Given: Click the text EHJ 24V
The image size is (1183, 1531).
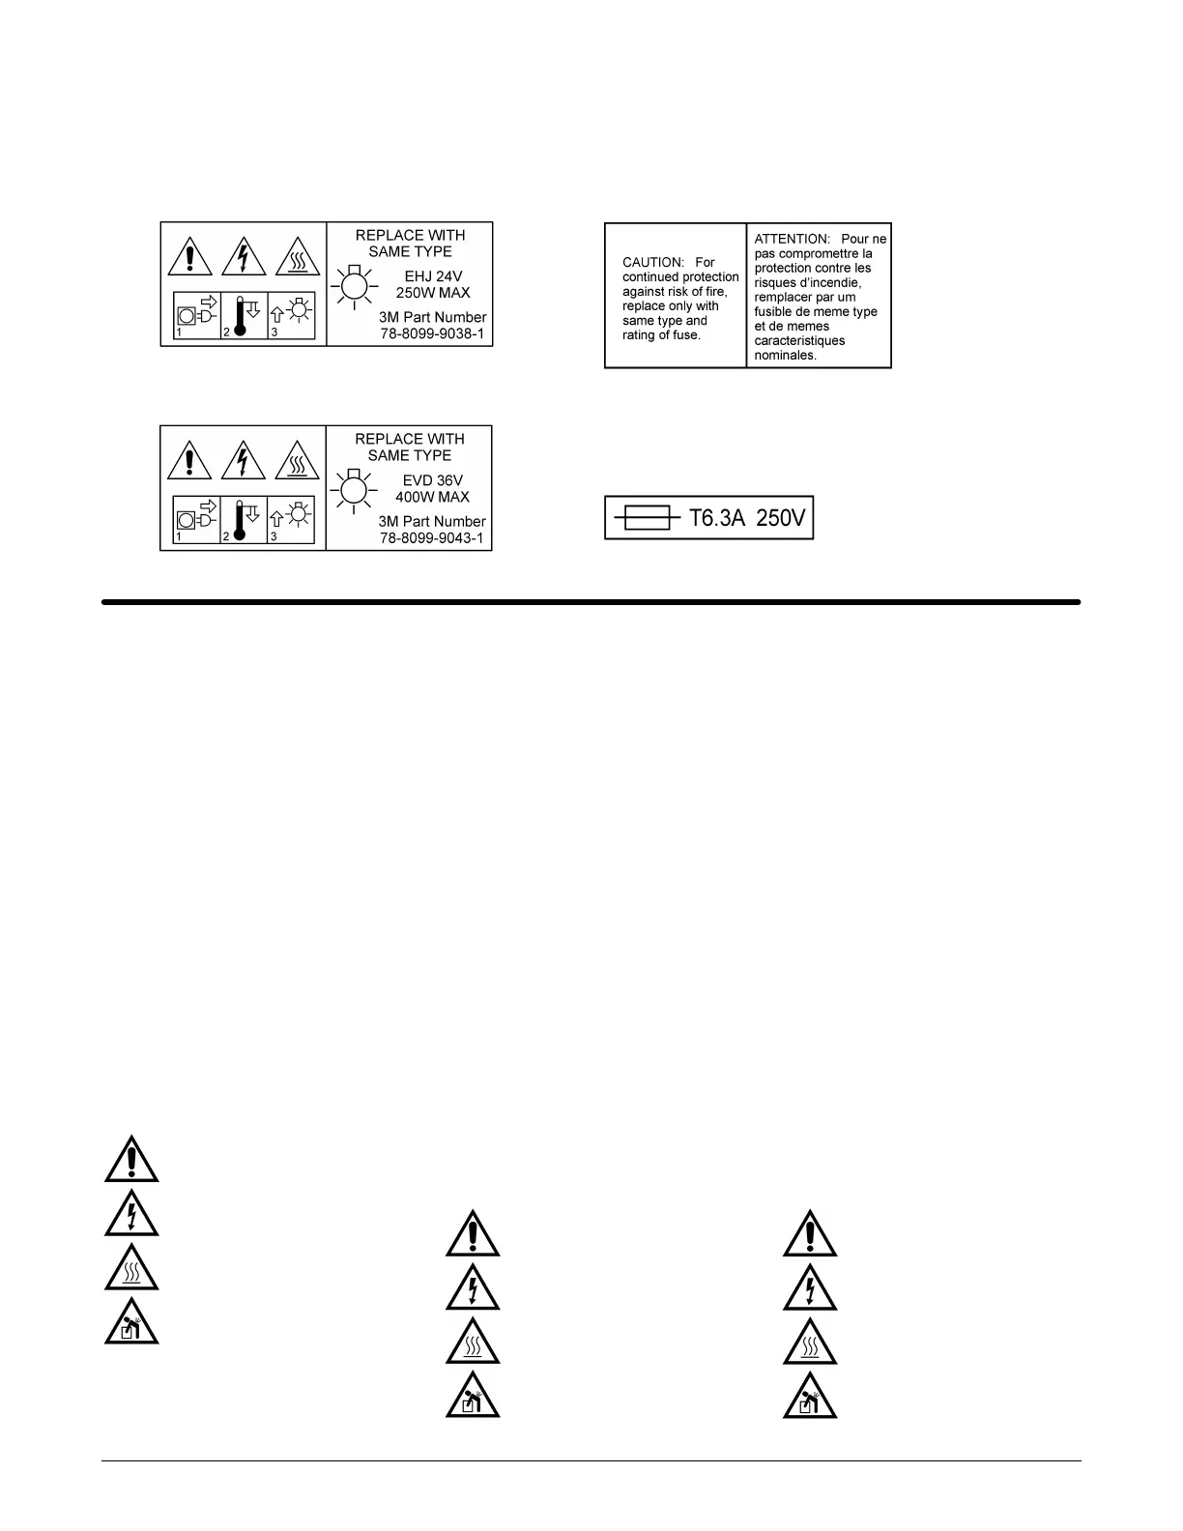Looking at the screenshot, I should [434, 276].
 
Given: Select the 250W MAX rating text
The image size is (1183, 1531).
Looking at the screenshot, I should [433, 293].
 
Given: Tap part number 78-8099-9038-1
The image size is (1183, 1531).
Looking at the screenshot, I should [431, 334].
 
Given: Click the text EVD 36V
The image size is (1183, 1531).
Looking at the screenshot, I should [433, 480].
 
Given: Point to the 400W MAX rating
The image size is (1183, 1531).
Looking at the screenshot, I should [432, 497].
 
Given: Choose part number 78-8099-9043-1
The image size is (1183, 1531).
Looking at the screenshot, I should [431, 538].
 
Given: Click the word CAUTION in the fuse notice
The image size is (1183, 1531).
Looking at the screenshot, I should [652, 263].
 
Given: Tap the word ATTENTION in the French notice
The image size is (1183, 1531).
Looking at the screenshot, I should [792, 239].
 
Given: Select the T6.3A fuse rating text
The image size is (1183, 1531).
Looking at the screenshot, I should [717, 518].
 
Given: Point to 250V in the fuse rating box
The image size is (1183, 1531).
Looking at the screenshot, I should [781, 518].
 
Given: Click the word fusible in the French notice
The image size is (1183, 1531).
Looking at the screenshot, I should [775, 312].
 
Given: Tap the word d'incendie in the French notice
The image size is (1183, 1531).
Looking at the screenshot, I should [828, 283].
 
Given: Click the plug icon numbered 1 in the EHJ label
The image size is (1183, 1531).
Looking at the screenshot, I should [197, 311].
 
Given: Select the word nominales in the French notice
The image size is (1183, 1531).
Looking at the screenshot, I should [786, 356].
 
